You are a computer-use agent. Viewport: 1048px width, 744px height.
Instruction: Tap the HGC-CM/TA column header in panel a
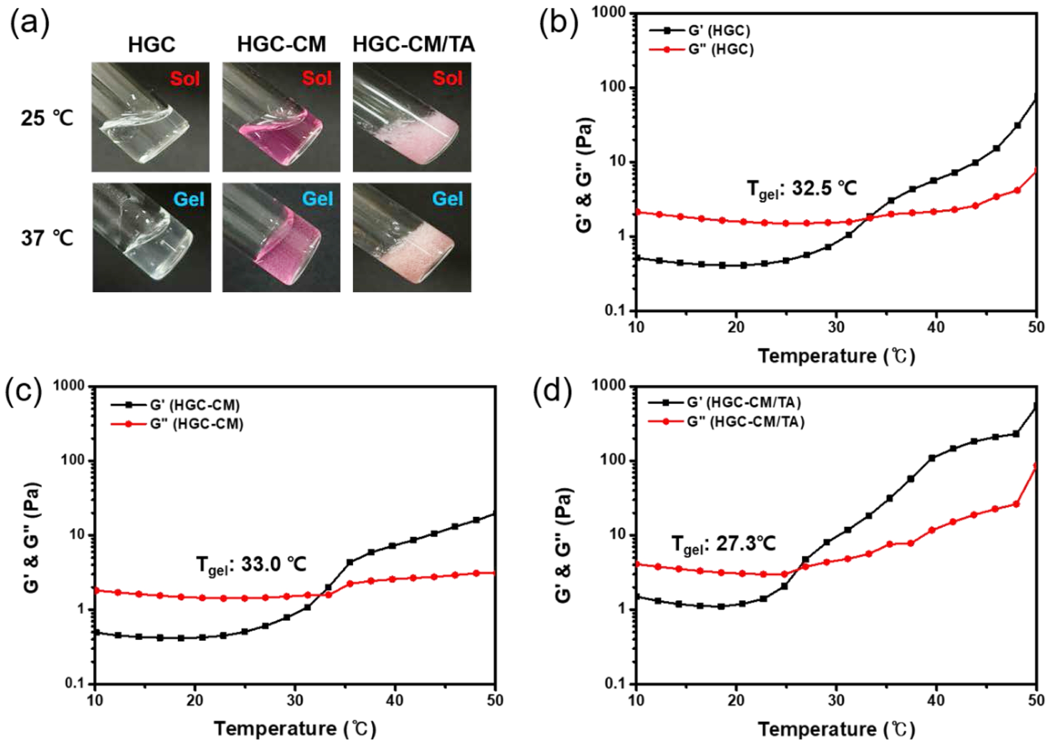pos(413,45)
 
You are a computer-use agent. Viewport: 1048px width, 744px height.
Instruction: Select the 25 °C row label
pos(47,118)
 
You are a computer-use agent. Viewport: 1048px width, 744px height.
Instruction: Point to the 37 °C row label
pos(47,238)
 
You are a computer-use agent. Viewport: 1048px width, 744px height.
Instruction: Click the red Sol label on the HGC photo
pos(185,78)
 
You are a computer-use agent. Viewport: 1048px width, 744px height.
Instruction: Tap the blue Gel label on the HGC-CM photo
pos(317,199)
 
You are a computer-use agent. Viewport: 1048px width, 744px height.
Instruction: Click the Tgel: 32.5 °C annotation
pos(802,189)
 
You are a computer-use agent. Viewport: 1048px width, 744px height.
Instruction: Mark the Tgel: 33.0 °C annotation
pos(251,565)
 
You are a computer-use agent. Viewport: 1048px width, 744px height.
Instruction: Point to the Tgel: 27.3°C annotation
pos(723,544)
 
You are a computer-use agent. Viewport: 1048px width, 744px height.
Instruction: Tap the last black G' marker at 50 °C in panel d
pos(1036,407)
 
